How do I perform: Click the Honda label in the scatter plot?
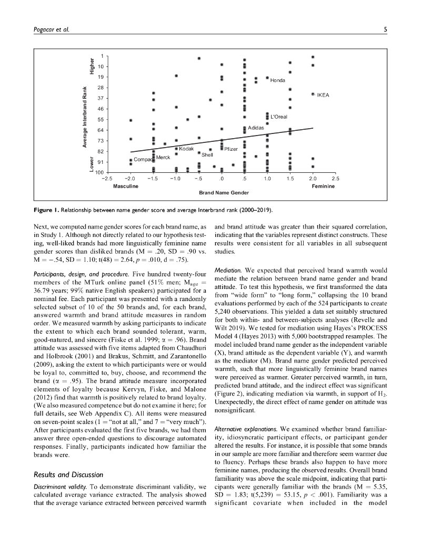point(277,80)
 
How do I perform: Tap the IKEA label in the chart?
point(323,95)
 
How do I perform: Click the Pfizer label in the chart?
point(231,149)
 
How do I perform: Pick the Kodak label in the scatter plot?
point(187,149)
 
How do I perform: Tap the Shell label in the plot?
point(207,155)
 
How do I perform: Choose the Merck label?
point(163,157)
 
